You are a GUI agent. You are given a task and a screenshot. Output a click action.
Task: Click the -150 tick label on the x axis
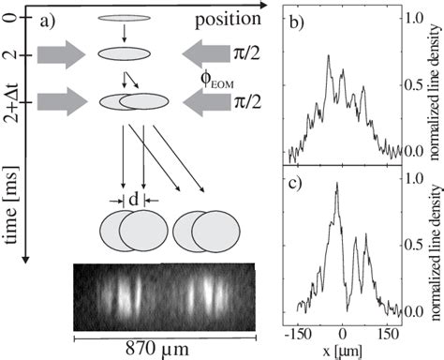(298, 333)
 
